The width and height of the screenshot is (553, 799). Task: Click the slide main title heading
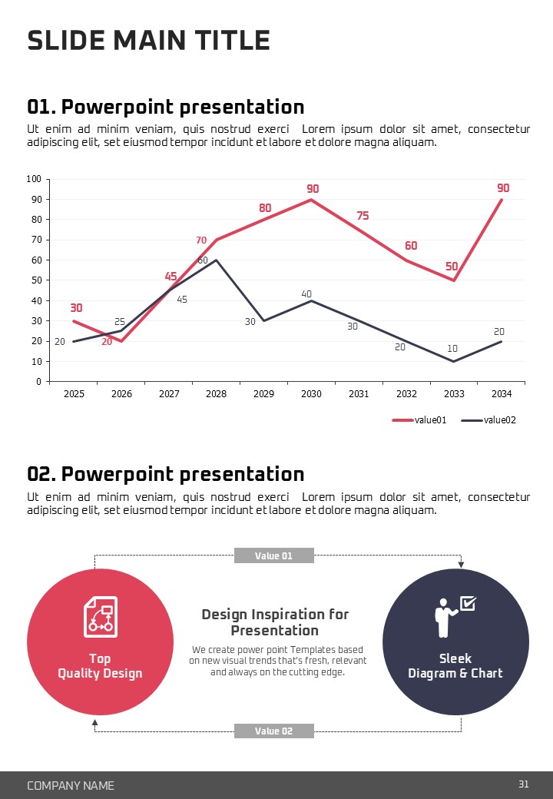click(148, 41)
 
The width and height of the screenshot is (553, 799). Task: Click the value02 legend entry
click(488, 420)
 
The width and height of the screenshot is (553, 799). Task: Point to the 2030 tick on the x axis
click(311, 394)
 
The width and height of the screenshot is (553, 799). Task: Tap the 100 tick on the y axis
click(34, 179)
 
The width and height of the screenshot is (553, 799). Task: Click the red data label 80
click(265, 208)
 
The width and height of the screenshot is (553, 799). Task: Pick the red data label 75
click(363, 216)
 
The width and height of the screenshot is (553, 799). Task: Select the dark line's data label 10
click(452, 349)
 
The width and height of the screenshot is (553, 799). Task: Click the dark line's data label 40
click(306, 294)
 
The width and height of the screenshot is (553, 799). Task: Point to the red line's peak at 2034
click(502, 200)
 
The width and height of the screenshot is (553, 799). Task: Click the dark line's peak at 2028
click(217, 260)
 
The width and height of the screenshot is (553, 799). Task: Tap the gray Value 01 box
click(273, 555)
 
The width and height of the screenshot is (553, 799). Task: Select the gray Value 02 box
click(273, 731)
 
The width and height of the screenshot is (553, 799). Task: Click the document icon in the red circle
click(100, 616)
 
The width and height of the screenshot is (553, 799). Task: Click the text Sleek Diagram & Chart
click(455, 666)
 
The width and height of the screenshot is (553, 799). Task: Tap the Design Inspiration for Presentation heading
click(275, 622)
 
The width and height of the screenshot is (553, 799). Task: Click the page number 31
click(524, 784)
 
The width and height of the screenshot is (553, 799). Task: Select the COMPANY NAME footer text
click(71, 785)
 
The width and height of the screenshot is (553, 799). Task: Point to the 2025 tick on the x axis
click(74, 394)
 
